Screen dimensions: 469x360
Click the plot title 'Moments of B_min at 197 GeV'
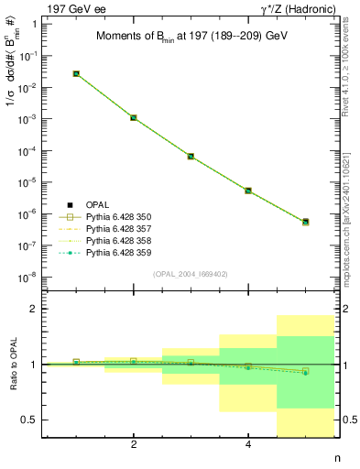pyautogui.click(x=191, y=37)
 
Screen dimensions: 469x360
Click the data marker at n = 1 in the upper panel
pyautogui.click(x=76, y=73)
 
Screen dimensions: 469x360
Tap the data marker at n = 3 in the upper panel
pyautogui.click(x=191, y=157)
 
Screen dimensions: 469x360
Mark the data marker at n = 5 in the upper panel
pyautogui.click(x=305, y=222)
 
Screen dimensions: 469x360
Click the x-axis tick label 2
pyautogui.click(x=134, y=445)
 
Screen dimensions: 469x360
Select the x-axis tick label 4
pyautogui.click(x=248, y=445)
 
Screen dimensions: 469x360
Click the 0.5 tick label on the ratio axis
pyautogui.click(x=30, y=420)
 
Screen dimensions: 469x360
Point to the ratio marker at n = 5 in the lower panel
pyautogui.click(x=305, y=371)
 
